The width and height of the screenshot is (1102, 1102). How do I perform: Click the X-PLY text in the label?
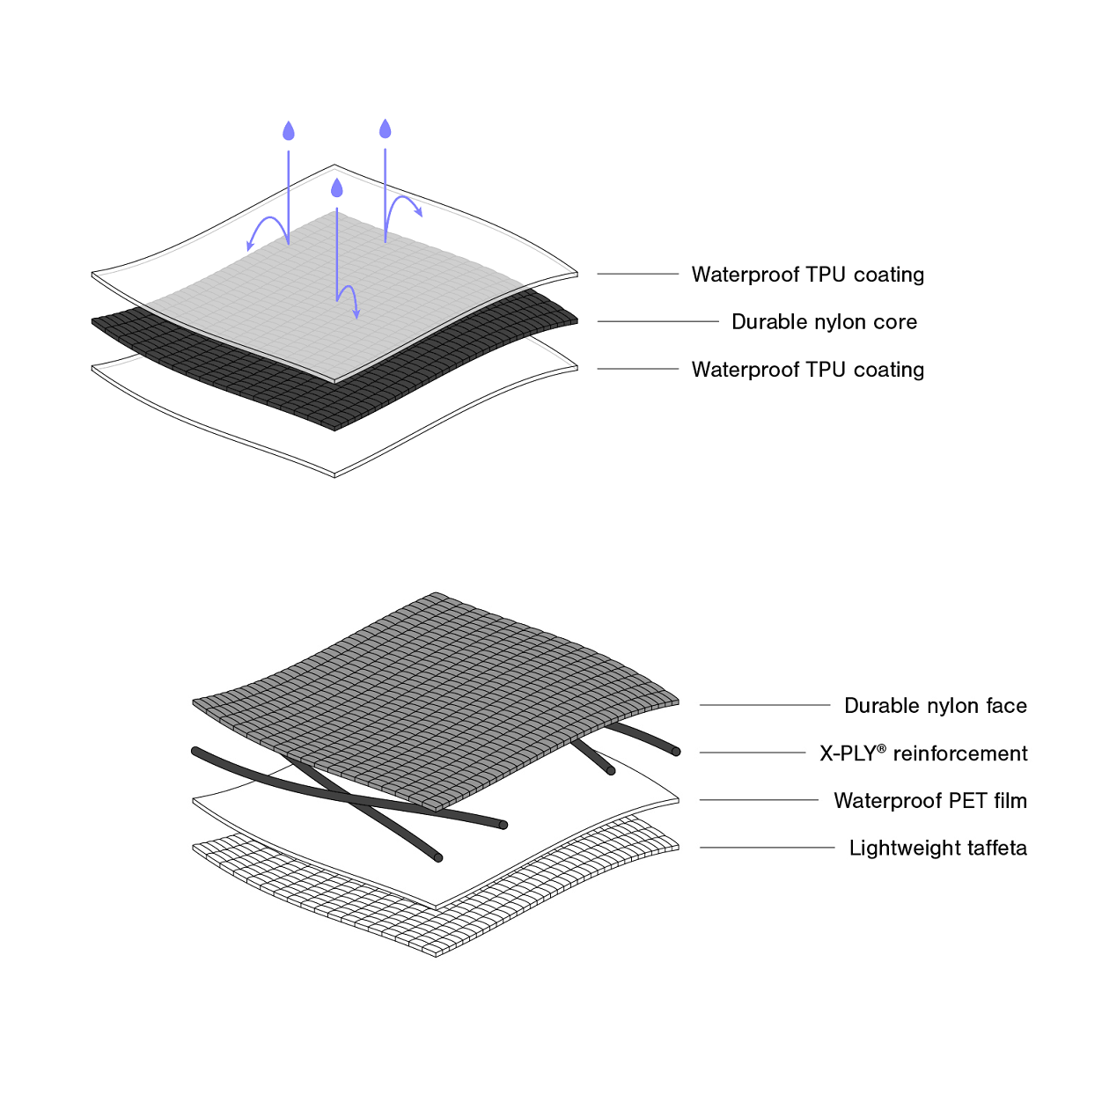point(847,754)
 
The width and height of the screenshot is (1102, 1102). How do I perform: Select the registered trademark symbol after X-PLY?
point(881,748)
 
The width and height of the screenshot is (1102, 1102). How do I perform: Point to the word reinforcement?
point(959,754)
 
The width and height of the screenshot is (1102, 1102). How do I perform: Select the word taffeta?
point(996,849)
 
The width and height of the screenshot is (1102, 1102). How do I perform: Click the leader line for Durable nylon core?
point(658,321)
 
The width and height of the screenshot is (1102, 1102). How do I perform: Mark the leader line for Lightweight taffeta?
point(767,848)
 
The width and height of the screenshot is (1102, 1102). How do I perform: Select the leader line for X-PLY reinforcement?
point(753,753)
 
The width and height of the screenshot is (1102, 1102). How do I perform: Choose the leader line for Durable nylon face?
point(764,705)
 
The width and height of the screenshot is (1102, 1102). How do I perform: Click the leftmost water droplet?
point(288,132)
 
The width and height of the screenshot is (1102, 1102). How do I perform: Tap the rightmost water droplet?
point(385,129)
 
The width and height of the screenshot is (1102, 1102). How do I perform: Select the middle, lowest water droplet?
point(336,188)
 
